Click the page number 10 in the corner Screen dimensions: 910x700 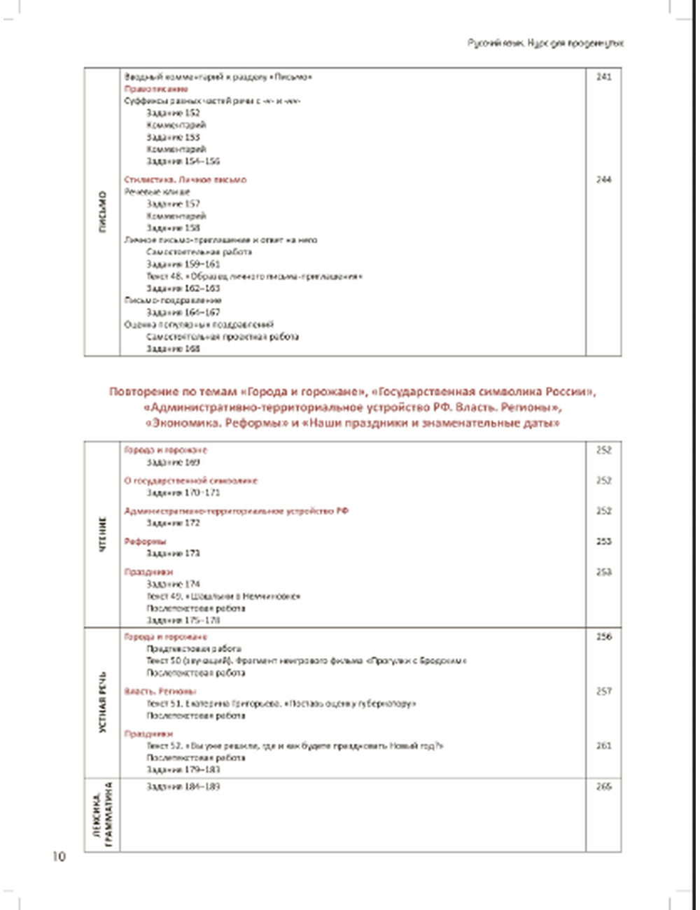pos(59,857)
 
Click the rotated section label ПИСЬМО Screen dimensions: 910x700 pos(103,211)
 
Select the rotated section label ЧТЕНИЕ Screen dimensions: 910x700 pos(103,535)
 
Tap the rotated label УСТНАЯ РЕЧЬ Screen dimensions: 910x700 pos(103,702)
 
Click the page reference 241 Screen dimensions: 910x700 pos(603,77)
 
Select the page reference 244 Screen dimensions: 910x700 pos(603,180)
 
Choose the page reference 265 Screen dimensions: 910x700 pos(603,787)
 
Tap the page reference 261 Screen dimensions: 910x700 pos(603,746)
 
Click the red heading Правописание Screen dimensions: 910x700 pos(156,89)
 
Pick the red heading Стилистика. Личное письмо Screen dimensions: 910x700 pos(185,180)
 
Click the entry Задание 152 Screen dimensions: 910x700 pos(173,113)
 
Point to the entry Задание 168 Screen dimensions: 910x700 pos(173,349)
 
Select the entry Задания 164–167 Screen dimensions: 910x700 pos(183,312)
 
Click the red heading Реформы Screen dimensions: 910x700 pos(145,541)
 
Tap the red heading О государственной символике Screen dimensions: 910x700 pos(191,481)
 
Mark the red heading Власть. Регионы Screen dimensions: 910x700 pos(160,692)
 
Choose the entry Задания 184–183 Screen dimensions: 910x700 pos(183,787)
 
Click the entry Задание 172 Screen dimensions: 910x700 pos(173,523)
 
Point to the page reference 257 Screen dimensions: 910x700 pos(603,692)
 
